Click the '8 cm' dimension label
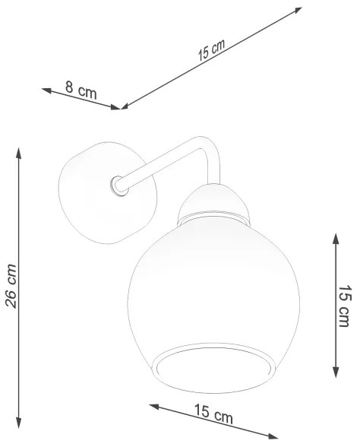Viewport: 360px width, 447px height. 80,92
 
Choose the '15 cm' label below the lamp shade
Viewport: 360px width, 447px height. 213,416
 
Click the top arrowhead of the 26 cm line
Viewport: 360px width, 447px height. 19,151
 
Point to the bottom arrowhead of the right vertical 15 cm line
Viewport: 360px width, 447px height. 336,374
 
